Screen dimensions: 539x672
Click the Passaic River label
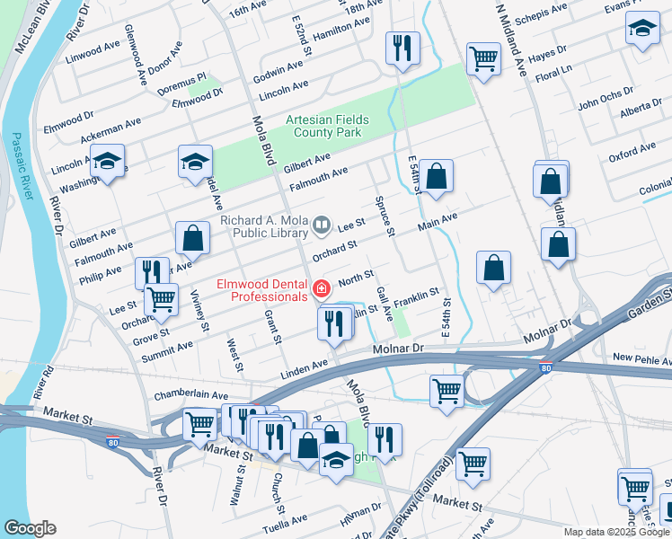pyautogui.click(x=19, y=171)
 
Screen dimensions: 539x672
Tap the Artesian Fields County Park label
pyautogui.click(x=323, y=126)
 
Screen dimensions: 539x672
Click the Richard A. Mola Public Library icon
pyautogui.click(x=322, y=223)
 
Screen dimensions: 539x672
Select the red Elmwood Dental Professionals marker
pyautogui.click(x=321, y=289)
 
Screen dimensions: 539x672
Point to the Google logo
pyautogui.click(x=30, y=528)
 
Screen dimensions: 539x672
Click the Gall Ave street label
pyautogui.click(x=384, y=305)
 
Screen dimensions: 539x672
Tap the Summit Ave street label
pyautogui.click(x=167, y=350)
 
